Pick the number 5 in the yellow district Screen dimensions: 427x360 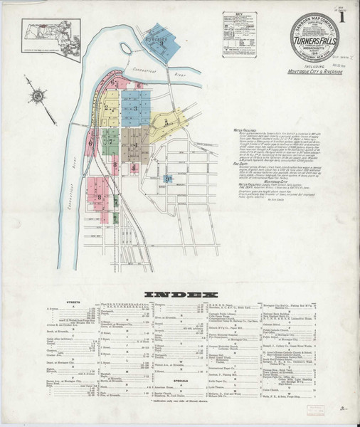pos(166,122)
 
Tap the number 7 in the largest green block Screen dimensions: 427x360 pos(111,142)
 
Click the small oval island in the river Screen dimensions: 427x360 pos(127,48)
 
